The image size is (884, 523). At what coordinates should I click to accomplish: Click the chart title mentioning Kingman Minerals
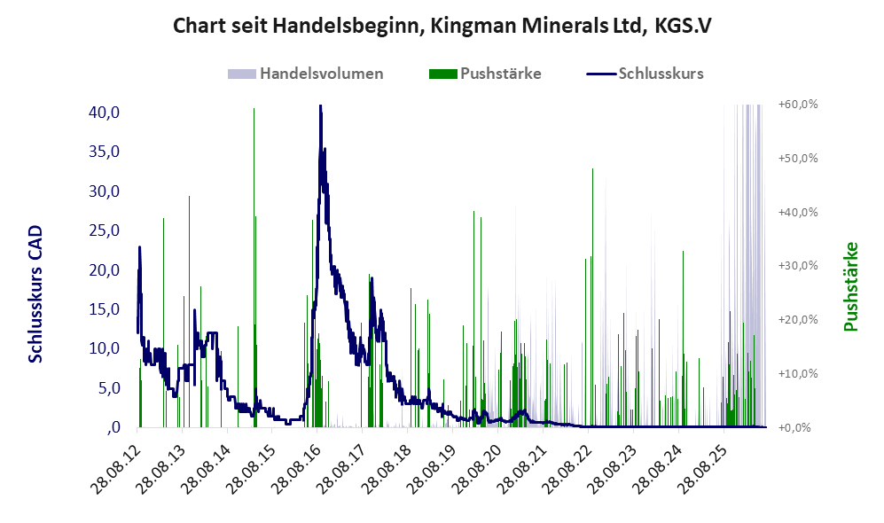click(442, 26)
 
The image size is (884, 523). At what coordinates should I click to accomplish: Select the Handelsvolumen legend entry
click(306, 74)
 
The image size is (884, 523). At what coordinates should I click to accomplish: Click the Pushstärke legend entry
click(485, 74)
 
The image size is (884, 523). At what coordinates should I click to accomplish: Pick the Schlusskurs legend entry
click(645, 74)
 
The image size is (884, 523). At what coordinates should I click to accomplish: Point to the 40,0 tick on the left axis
click(105, 113)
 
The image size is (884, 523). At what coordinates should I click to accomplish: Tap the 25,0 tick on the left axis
click(105, 230)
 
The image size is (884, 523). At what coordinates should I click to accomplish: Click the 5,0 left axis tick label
click(108, 388)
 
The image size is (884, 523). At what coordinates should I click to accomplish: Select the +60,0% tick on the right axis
click(798, 105)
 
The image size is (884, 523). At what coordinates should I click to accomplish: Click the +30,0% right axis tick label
click(798, 265)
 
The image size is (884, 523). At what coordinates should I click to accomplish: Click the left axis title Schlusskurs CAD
click(35, 293)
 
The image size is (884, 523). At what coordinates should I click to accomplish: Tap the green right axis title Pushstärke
click(851, 286)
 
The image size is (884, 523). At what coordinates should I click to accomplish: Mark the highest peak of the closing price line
click(320, 106)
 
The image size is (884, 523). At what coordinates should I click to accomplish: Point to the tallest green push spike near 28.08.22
click(592, 298)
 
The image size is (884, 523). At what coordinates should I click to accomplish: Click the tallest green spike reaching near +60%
click(254, 267)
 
